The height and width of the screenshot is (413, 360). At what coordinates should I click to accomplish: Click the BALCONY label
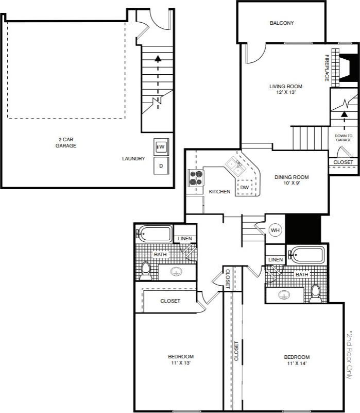point(282,23)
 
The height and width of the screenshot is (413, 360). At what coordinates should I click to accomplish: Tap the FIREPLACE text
point(327,68)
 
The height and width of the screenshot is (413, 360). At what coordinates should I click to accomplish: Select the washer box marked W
point(161,147)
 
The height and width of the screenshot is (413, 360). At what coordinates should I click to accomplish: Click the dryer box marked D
point(161,166)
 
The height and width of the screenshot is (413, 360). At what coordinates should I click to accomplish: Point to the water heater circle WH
point(275,230)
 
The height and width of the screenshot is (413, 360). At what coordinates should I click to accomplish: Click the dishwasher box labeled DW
point(245,188)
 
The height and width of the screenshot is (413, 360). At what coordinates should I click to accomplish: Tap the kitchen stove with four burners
point(196,178)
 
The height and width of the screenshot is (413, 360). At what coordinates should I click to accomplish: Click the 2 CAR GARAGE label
point(66,142)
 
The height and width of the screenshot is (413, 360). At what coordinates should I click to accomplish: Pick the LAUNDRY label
point(133,159)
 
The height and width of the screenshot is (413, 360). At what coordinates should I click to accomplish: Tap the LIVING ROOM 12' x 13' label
point(286,90)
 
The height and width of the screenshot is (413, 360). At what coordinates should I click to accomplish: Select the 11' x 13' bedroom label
point(181,360)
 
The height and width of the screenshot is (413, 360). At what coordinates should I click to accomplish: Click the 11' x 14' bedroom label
point(297,360)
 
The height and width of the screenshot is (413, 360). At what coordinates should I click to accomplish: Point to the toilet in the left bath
point(146,270)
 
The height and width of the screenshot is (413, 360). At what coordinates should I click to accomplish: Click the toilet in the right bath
point(315,293)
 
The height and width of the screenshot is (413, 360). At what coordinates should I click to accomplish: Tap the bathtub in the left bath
point(155,234)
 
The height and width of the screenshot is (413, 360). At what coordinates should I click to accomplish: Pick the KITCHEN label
point(219,192)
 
